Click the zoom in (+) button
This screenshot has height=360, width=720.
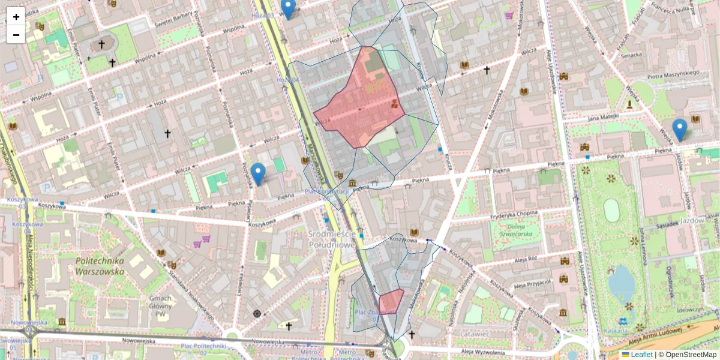click(x=16, y=16)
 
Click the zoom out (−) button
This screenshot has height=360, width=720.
click(x=16, y=34)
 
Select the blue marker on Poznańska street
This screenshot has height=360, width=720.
click(x=258, y=174)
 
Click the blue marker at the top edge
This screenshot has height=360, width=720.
click(x=289, y=9)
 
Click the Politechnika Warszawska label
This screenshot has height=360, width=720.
click(x=100, y=266)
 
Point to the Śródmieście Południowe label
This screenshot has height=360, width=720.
click(x=332, y=239)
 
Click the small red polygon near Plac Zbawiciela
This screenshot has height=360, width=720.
click(x=391, y=301)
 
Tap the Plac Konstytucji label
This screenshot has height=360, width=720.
click(x=326, y=192)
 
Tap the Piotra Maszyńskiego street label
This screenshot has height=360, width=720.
click(x=673, y=74)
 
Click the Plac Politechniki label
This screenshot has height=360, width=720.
click(x=203, y=346)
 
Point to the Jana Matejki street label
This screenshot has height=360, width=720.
click(x=602, y=117)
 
